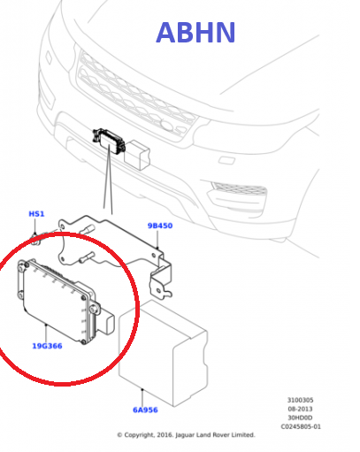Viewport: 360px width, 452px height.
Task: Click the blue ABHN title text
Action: click(x=195, y=32)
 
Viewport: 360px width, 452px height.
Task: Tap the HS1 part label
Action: click(x=36, y=214)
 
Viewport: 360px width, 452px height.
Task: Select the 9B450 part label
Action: click(x=160, y=226)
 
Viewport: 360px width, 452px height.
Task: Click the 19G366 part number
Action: click(x=47, y=346)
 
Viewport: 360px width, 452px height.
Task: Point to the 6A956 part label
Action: click(x=145, y=410)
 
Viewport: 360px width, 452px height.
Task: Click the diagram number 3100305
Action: click(x=300, y=400)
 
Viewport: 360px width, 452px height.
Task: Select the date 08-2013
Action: click(x=300, y=409)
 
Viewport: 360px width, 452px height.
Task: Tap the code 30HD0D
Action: click(x=300, y=418)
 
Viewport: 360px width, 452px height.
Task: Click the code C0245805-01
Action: click(x=301, y=426)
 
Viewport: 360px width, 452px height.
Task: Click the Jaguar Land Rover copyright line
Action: click(x=186, y=435)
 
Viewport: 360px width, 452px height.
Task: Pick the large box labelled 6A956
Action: click(x=163, y=353)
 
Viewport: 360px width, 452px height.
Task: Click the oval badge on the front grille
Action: click(x=167, y=126)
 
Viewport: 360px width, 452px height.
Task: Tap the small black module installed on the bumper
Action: click(x=109, y=142)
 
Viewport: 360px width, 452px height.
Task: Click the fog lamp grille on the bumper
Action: click(x=239, y=188)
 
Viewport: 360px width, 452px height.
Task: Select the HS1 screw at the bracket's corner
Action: click(x=36, y=239)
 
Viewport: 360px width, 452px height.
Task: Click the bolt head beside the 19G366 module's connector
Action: click(x=94, y=309)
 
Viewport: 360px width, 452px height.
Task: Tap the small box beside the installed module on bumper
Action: click(x=138, y=155)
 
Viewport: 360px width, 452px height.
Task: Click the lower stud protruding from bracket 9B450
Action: click(x=87, y=257)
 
